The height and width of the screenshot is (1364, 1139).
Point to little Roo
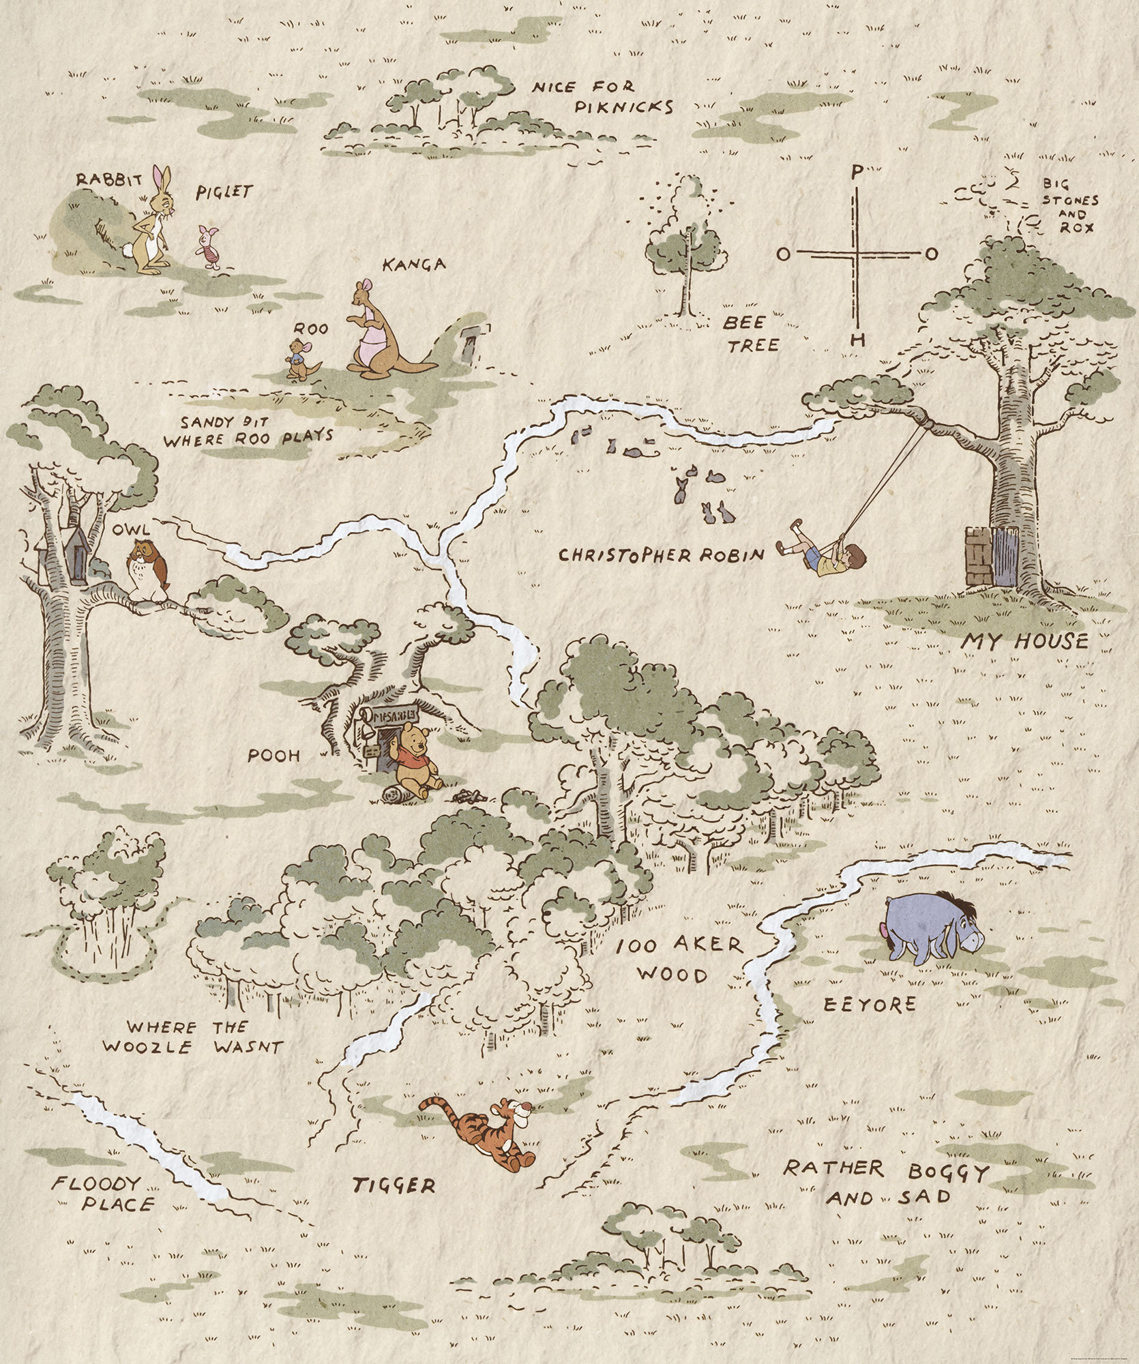(x=298, y=359)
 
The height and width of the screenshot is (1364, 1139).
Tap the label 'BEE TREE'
(x=750, y=333)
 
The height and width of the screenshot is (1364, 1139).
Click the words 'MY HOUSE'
(x=1024, y=641)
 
